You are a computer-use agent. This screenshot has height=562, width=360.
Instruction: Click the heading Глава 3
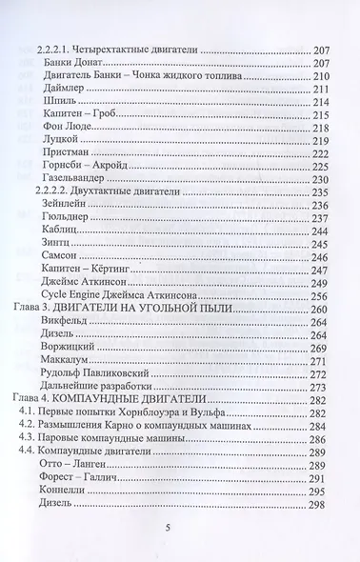coord(50,309)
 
